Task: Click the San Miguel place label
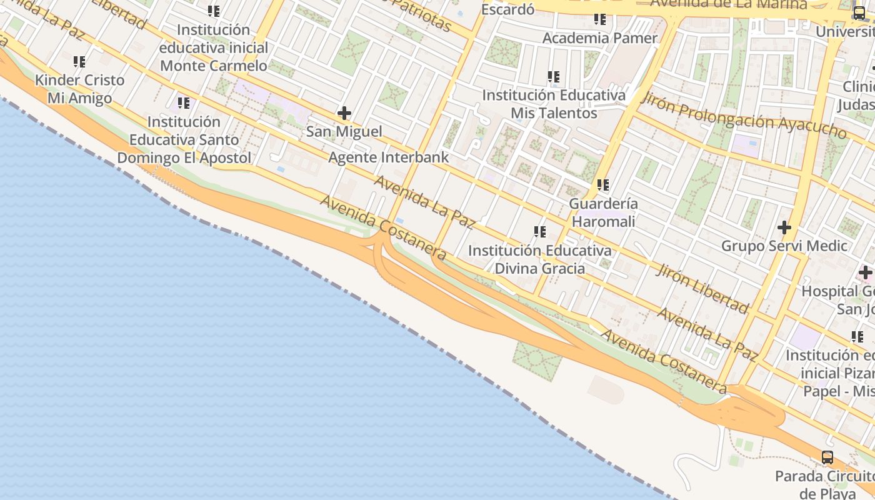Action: pyautogui.click(x=344, y=132)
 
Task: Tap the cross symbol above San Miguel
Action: pyautogui.click(x=344, y=113)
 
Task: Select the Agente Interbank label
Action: pyautogui.click(x=388, y=157)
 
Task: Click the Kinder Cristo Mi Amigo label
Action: pyautogui.click(x=80, y=89)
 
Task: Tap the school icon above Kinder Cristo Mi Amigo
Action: pyautogui.click(x=79, y=62)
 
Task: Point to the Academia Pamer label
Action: pyautogui.click(x=600, y=37)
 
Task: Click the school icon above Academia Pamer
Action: pyautogui.click(x=600, y=19)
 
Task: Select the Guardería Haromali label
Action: pyautogui.click(x=603, y=212)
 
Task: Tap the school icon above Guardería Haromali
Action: pyautogui.click(x=603, y=185)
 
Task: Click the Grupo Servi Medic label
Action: pyautogui.click(x=784, y=246)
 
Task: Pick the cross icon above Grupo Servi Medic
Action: pyautogui.click(x=784, y=227)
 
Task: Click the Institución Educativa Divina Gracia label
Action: pyautogui.click(x=540, y=259)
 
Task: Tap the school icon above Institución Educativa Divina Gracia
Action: pyautogui.click(x=540, y=232)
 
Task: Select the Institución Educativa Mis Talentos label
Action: pyautogui.click(x=554, y=104)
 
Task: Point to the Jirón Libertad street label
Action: pyautogui.click(x=702, y=288)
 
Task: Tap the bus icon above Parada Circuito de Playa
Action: pyautogui.click(x=827, y=457)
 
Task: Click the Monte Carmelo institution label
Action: pyautogui.click(x=214, y=47)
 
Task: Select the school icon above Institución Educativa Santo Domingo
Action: pyautogui.click(x=183, y=103)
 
